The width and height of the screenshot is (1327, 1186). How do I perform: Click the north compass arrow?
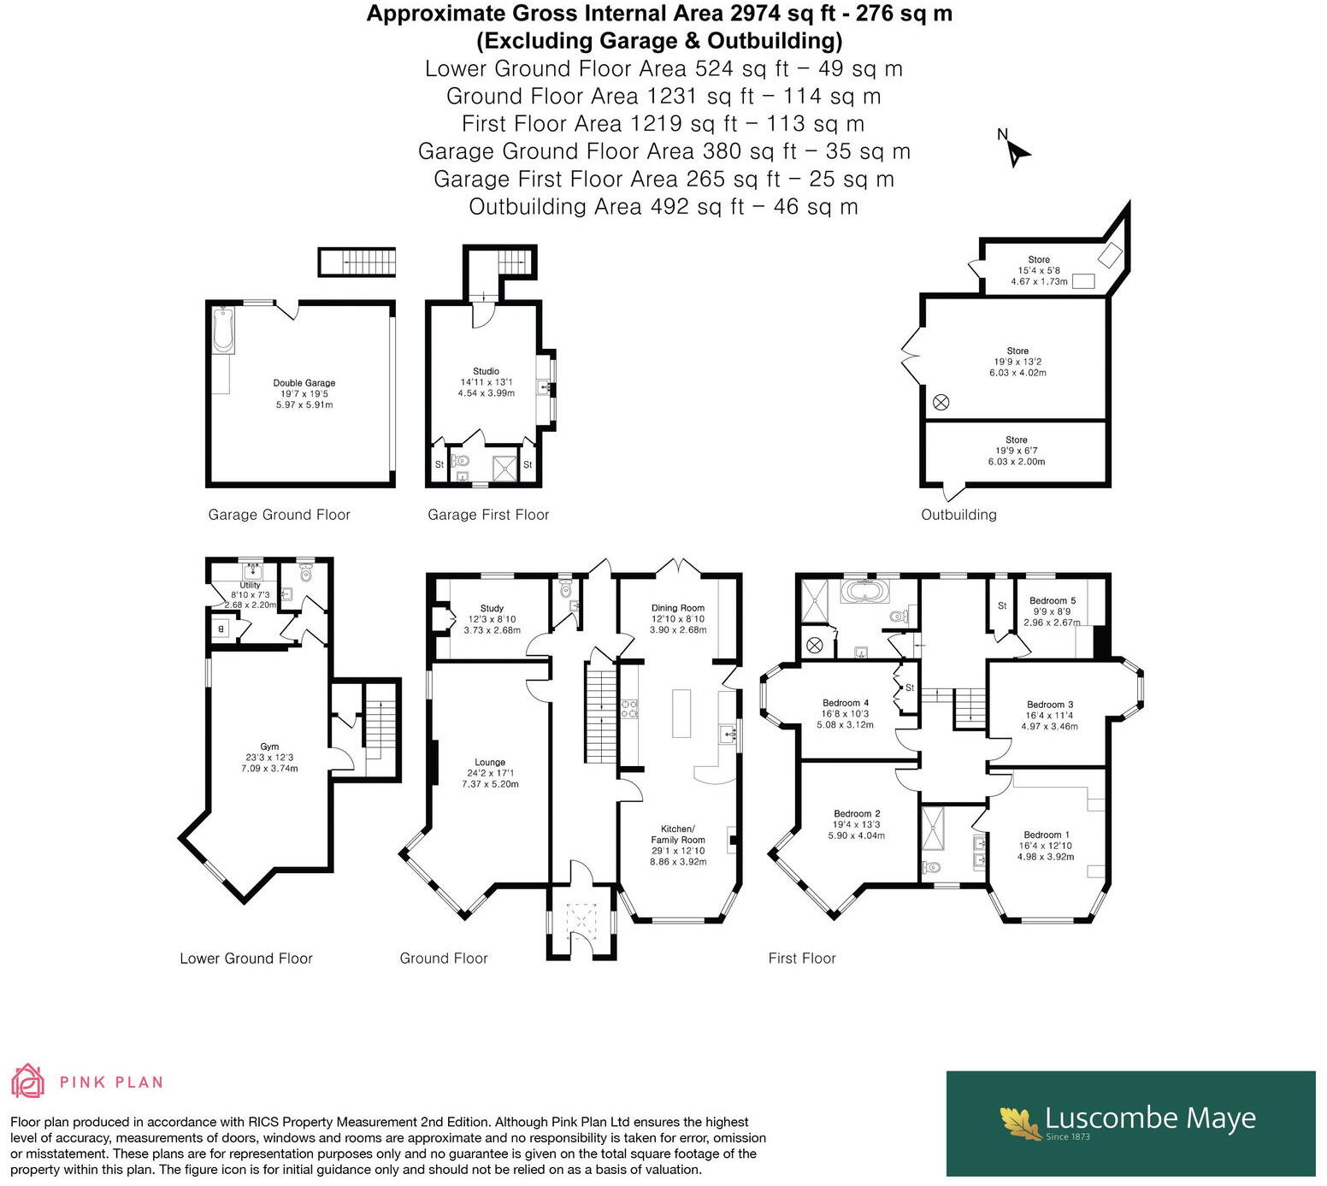click(1017, 154)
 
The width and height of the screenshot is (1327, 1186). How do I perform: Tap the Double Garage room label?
click(304, 383)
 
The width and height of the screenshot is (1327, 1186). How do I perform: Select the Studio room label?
click(486, 371)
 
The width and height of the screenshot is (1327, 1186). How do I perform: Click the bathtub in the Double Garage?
click(223, 329)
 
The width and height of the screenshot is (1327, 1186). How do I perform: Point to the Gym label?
click(269, 746)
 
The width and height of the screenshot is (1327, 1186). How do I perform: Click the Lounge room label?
click(490, 762)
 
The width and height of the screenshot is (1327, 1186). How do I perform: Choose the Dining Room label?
click(678, 608)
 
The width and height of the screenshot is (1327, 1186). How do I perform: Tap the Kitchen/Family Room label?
click(679, 835)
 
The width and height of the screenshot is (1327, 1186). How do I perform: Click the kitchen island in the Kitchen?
click(681, 713)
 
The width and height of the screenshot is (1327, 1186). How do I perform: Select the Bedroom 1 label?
click(1047, 835)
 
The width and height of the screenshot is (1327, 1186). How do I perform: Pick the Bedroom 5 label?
click(1053, 600)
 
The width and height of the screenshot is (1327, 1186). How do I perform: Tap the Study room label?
click(492, 608)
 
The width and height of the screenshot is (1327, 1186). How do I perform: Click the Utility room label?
click(250, 585)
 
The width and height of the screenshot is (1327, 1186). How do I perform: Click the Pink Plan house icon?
click(27, 1081)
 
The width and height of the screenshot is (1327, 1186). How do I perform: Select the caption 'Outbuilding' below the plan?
click(958, 515)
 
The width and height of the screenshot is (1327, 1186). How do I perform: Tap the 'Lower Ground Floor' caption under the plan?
click(246, 959)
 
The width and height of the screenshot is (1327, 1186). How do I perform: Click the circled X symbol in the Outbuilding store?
click(941, 402)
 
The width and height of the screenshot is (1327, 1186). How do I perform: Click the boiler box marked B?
click(221, 629)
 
